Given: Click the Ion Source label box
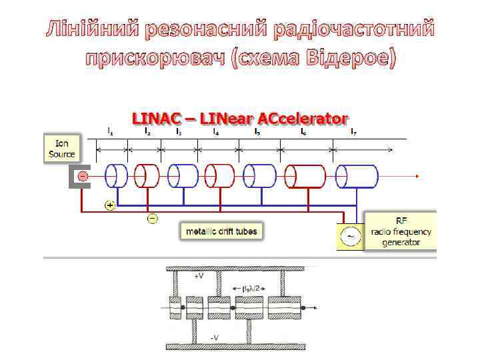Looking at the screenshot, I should (61, 148).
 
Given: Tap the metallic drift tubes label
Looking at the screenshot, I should (221, 231).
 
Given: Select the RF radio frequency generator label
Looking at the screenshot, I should (401, 231).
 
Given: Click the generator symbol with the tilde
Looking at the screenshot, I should (349, 237).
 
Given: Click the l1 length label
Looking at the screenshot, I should (110, 132).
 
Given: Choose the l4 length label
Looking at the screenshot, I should (215, 132).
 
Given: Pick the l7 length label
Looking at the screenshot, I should (354, 132).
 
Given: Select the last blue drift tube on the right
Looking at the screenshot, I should (356, 176).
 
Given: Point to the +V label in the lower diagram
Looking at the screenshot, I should (198, 275).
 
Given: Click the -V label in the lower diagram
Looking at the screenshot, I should (215, 338).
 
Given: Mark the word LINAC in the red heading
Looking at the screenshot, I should (155, 119).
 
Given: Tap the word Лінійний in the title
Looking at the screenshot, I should (93, 30).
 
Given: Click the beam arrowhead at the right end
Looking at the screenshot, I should (415, 176).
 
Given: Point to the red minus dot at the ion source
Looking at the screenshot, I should (82, 176).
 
